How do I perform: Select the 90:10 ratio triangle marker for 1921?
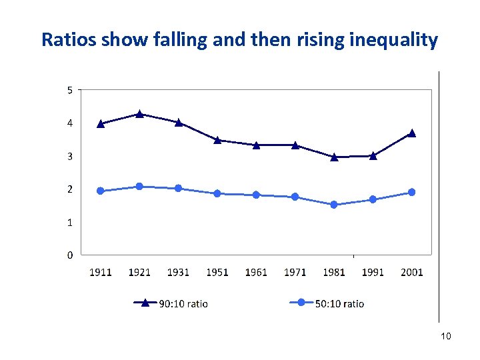pyautogui.click(x=139, y=114)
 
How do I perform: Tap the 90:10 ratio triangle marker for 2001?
pyautogui.click(x=411, y=133)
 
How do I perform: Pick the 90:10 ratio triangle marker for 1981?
pyautogui.click(x=334, y=157)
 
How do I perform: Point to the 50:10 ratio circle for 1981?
pyautogui.click(x=334, y=205)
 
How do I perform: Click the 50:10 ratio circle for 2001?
pyautogui.click(x=411, y=192)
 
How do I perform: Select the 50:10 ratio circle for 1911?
pyautogui.click(x=101, y=191)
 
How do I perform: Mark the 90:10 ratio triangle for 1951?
pyautogui.click(x=217, y=140)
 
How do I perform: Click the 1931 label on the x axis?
pyautogui.click(x=178, y=272)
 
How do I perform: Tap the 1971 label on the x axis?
pyautogui.click(x=295, y=272)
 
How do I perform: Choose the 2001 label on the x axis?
pyautogui.click(x=411, y=272)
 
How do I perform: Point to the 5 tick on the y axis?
pyautogui.click(x=70, y=90)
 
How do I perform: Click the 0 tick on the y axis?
pyautogui.click(x=70, y=255)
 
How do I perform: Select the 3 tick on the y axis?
pyautogui.click(x=70, y=156)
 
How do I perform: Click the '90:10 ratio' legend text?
pyautogui.click(x=183, y=304)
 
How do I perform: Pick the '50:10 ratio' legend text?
pyautogui.click(x=339, y=304)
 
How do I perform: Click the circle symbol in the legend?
pyautogui.click(x=301, y=303)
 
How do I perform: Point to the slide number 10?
pyautogui.click(x=446, y=336)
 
